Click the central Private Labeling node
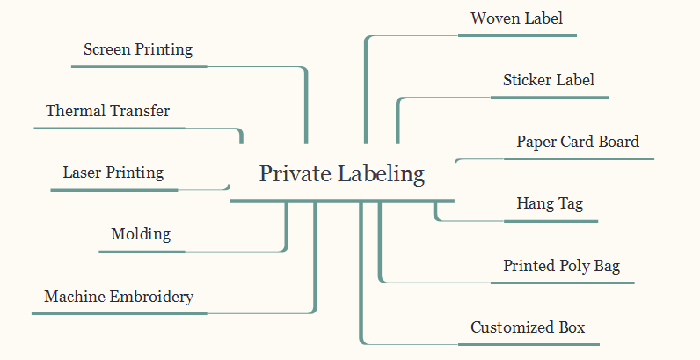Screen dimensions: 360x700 [342, 174]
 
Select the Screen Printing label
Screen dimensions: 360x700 [138, 49]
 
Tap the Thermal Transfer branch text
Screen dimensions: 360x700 [108, 111]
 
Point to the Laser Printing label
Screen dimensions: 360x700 [113, 173]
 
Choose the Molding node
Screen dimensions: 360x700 [141, 235]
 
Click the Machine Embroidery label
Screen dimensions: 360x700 [119, 297]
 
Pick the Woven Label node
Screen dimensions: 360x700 [516, 19]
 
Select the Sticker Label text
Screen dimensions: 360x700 [549, 80]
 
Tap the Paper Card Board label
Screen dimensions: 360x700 [578, 142]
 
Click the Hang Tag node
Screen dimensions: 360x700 [549, 204]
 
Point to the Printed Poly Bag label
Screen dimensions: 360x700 [562, 266]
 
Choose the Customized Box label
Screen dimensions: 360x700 [528, 328]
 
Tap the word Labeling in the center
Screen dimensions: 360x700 [381, 174]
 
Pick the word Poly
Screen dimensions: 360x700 [576, 266]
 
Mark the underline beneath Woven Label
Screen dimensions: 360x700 [516, 36]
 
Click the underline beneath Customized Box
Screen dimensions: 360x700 [528, 344]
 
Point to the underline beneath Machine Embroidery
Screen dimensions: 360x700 [119, 313]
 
